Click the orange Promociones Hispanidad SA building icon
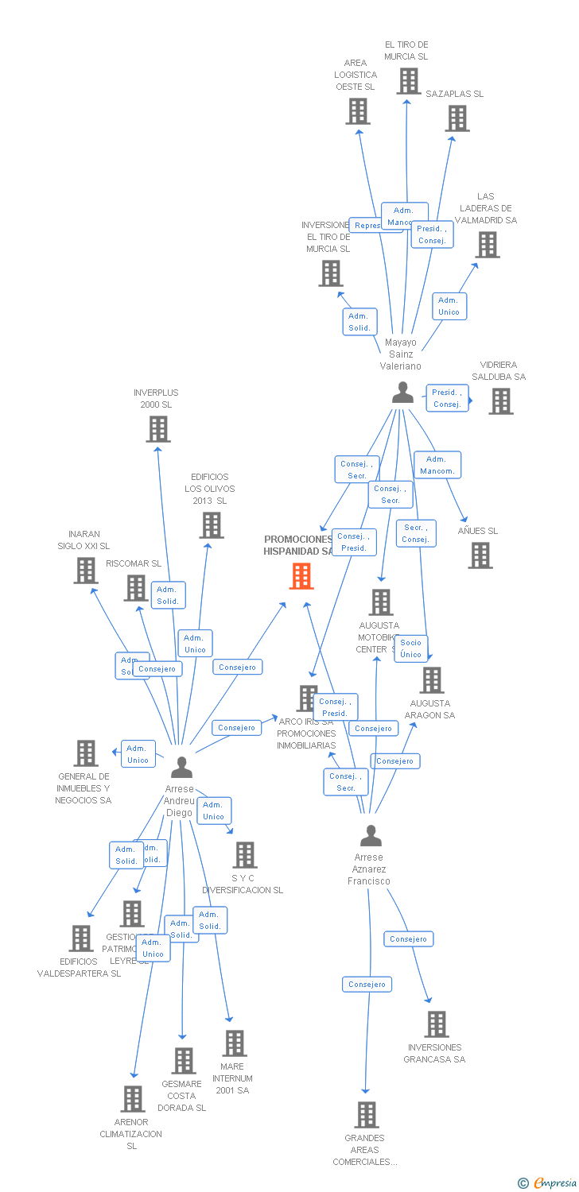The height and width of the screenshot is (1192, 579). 301,575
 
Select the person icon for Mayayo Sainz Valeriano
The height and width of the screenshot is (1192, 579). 403,393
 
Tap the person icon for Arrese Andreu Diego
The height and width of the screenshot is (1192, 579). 182,767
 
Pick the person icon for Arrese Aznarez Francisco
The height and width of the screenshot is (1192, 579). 371,836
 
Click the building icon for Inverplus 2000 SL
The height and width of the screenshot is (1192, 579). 158,429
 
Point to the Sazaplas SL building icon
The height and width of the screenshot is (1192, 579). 457,118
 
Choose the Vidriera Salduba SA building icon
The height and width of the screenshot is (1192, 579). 501,401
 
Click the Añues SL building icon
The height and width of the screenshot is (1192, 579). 480,555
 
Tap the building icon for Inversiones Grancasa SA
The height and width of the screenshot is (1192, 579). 437,1024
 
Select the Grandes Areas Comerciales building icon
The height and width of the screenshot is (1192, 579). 366,1115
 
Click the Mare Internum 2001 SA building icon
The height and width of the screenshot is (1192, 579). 234,1043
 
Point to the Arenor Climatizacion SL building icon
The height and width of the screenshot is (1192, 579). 133,1099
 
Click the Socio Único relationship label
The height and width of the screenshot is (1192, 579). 411,648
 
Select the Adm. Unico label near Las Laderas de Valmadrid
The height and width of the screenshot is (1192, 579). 449,306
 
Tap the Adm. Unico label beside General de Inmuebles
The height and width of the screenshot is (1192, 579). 138,754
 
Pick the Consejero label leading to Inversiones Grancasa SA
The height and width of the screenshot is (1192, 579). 409,939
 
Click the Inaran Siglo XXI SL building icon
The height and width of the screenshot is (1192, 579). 86,571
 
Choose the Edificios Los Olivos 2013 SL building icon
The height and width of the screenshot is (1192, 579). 212,525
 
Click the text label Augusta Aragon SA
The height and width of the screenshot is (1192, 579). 429,709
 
